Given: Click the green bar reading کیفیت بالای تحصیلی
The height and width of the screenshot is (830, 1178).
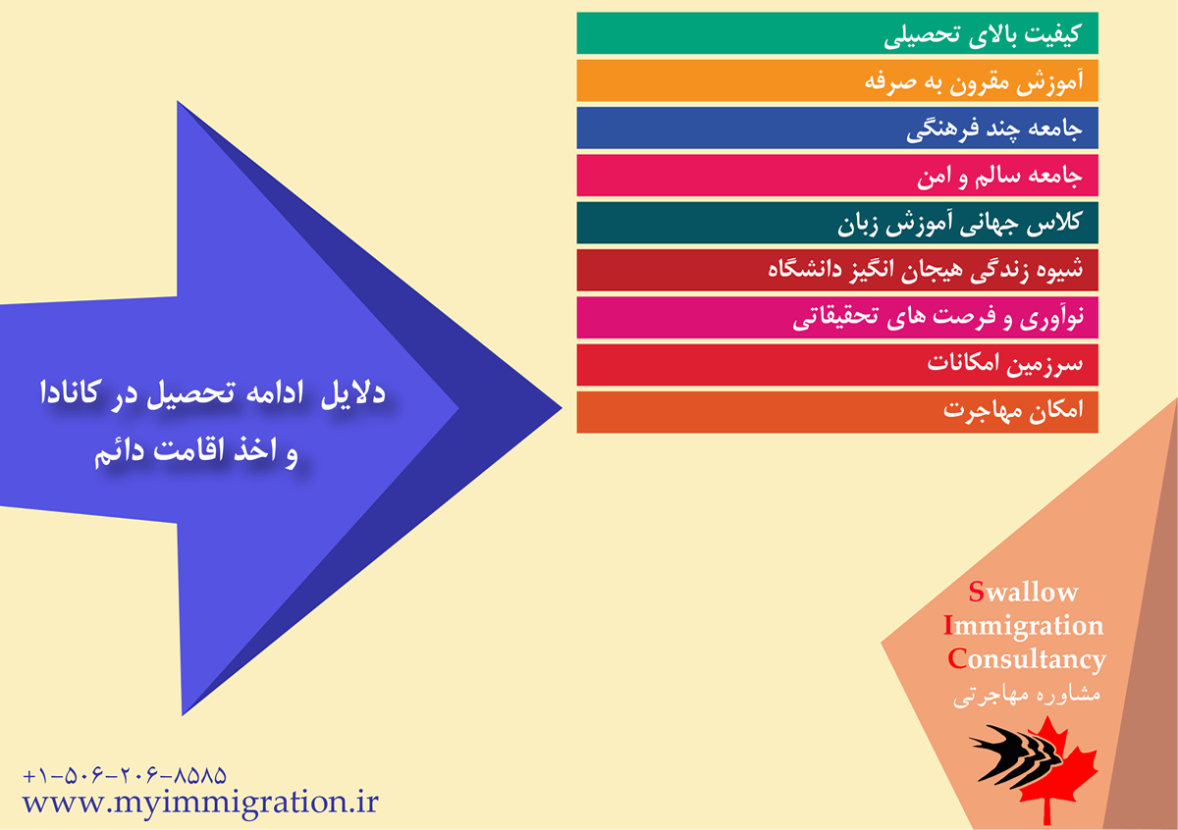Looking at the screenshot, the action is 837,33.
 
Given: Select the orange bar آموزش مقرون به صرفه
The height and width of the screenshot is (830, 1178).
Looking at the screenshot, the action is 837,80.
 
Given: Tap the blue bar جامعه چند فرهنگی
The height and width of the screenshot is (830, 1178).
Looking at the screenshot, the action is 837,128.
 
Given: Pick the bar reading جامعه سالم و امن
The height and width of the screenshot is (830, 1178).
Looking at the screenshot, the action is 837,175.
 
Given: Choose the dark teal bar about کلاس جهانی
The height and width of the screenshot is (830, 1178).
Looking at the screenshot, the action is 837,223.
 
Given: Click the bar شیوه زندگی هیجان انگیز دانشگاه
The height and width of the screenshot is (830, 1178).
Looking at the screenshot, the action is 837,270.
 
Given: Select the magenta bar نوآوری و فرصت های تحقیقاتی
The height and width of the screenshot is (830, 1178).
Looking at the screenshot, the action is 837,317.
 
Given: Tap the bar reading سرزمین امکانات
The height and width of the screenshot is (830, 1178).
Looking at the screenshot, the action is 837,365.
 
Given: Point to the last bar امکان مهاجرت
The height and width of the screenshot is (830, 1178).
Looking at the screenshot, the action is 837,412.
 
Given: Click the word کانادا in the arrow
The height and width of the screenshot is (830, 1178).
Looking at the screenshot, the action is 69,392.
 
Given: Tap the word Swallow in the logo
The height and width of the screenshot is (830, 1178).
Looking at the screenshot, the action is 1023,592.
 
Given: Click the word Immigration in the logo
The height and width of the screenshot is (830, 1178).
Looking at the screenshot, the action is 1023,626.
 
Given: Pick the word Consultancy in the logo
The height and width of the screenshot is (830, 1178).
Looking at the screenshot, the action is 1027,659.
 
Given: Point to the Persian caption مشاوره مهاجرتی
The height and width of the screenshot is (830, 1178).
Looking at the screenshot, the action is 1027,696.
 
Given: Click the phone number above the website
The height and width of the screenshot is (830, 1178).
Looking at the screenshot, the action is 125,776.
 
